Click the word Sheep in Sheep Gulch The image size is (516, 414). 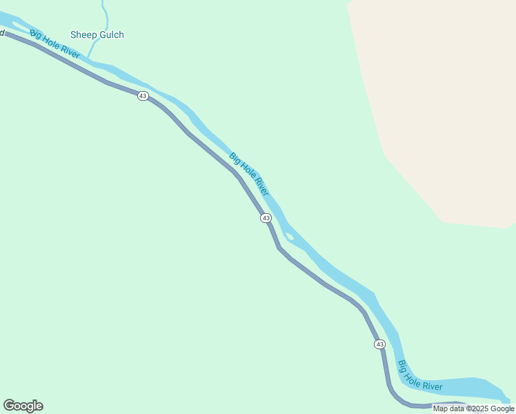tap(83, 35)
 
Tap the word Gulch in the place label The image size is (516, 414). tap(111, 35)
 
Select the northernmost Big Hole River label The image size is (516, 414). tap(54, 43)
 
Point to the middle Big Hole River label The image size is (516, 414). tap(249, 174)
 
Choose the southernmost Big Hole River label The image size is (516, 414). tap(420, 375)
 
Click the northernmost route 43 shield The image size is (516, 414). tap(143, 96)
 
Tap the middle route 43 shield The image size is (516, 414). tap(266, 218)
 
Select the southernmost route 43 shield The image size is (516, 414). tap(379, 344)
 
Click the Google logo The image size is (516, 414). tap(23, 406)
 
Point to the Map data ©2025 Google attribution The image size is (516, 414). tap(473, 408)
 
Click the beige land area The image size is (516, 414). tap(441, 103)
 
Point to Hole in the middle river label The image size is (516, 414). tap(249, 174)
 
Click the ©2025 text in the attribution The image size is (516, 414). tap(475, 408)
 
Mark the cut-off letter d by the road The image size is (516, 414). tap(2, 32)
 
